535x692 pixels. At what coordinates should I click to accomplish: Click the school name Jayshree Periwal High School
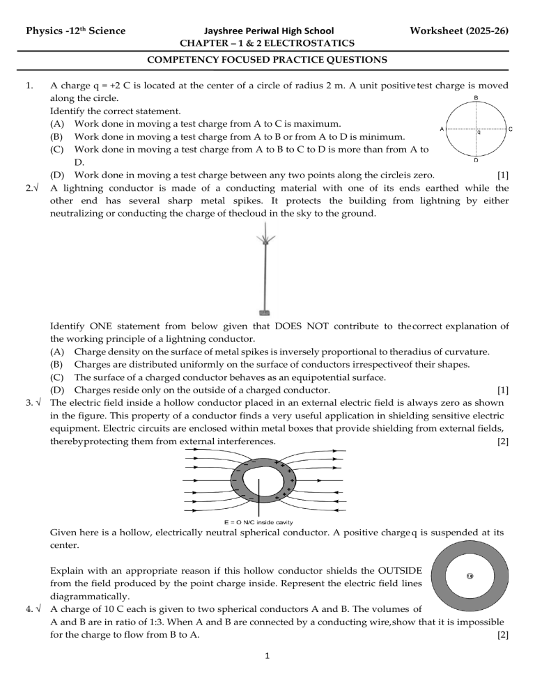(x=267, y=31)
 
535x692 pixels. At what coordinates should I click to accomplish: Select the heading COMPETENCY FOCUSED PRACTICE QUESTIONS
(x=267, y=61)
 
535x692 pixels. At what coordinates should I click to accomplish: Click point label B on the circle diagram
(x=475, y=98)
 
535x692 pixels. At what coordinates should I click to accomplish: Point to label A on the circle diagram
(x=443, y=129)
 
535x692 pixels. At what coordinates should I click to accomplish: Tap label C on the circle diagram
(x=510, y=129)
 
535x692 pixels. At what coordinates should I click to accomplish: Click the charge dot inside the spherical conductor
(x=470, y=575)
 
